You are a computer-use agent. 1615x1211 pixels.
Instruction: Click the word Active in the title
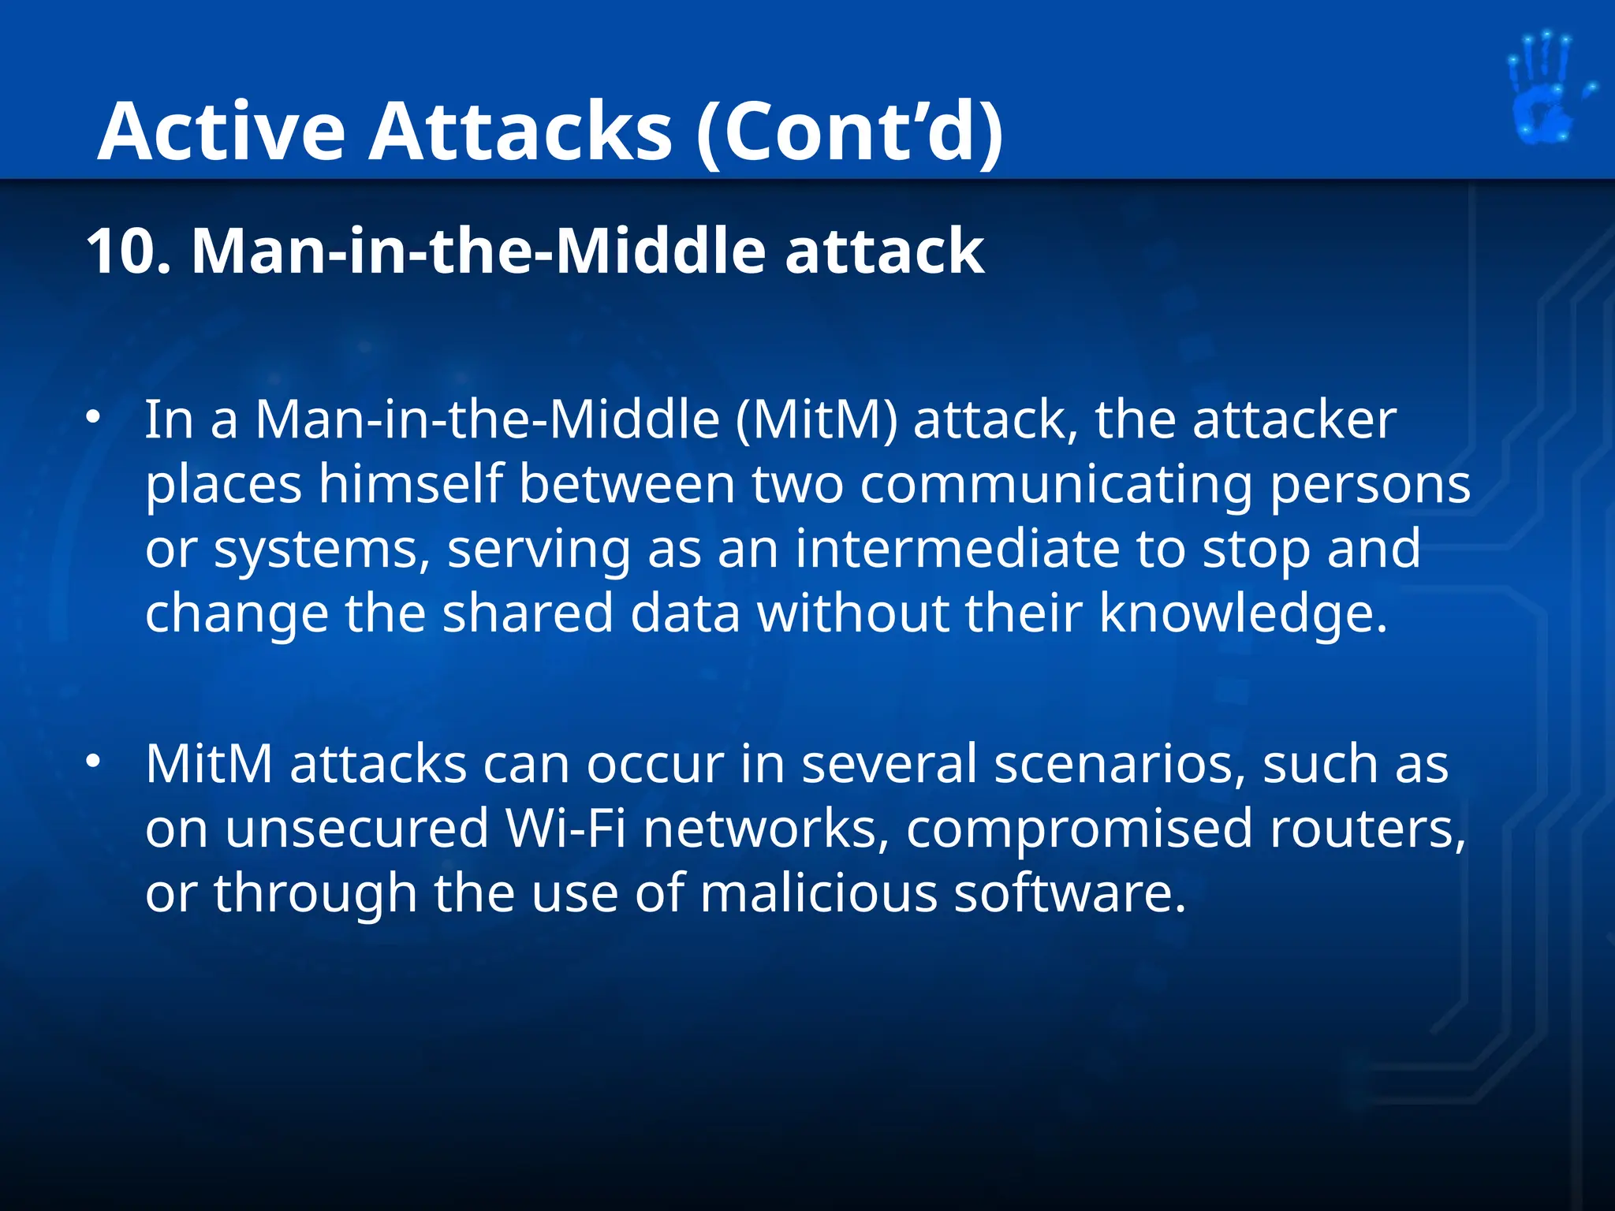[222, 132]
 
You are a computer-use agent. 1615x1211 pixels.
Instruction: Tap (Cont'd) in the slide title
[850, 132]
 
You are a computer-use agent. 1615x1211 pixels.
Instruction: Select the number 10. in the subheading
[129, 252]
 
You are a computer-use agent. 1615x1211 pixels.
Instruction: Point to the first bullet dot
[94, 418]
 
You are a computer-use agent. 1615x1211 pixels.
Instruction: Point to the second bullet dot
[94, 762]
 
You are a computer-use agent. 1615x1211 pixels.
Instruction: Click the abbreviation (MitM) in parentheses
[816, 420]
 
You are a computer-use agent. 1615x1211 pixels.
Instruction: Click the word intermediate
[957, 549]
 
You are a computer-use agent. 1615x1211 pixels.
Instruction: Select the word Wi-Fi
[565, 829]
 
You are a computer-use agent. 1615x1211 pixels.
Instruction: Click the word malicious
[818, 893]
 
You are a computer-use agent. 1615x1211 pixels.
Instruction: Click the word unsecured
[356, 829]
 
